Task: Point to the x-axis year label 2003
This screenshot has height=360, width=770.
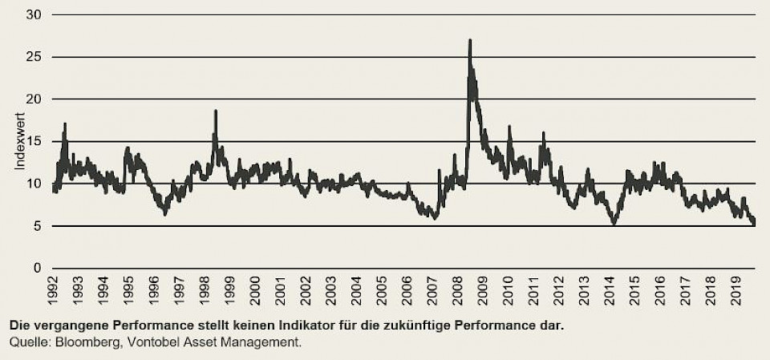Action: (x=330, y=291)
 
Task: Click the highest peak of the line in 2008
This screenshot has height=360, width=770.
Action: (x=470, y=40)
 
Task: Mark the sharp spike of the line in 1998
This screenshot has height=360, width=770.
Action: (x=216, y=111)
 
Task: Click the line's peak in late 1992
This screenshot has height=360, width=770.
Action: (x=65, y=124)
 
